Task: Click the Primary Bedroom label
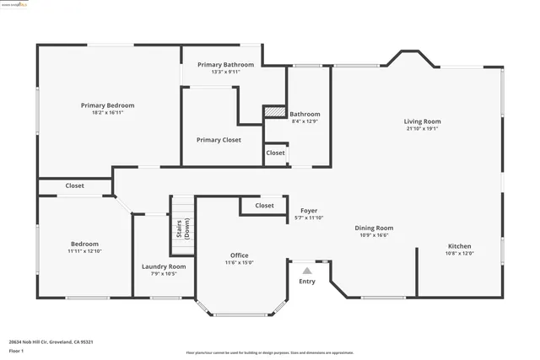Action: [x=107, y=105]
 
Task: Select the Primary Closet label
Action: [x=219, y=140]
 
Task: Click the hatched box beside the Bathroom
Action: [x=275, y=110]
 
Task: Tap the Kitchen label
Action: [x=460, y=246]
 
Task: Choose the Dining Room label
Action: [x=374, y=228]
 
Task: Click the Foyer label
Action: [x=309, y=211]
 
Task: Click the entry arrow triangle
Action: [x=307, y=271]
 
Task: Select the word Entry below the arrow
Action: [x=307, y=282]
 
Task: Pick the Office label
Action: [x=240, y=255]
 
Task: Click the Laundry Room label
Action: [x=164, y=266]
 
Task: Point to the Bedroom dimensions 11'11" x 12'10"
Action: [x=84, y=251]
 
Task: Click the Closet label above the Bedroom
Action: [x=74, y=185]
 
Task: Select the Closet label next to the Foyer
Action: [x=264, y=205]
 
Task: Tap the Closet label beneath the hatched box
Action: [x=275, y=153]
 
